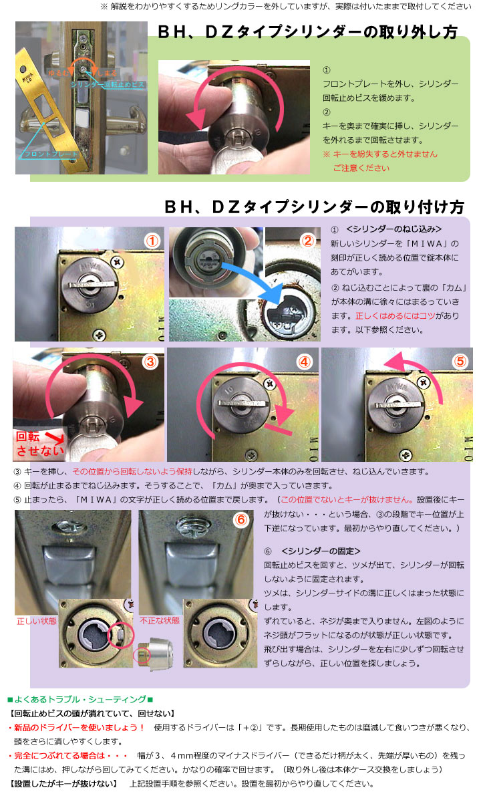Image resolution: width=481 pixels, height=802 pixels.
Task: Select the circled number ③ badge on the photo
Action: coord(150,362)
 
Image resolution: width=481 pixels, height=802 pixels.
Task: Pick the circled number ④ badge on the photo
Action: coord(305,362)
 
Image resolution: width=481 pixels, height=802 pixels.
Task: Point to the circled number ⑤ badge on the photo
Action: coord(460,362)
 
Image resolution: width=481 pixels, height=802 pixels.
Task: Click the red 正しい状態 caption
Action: coord(36,621)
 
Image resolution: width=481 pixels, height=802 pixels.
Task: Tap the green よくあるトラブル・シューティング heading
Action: coord(80,699)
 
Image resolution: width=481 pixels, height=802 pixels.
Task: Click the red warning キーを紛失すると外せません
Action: coord(379,154)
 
